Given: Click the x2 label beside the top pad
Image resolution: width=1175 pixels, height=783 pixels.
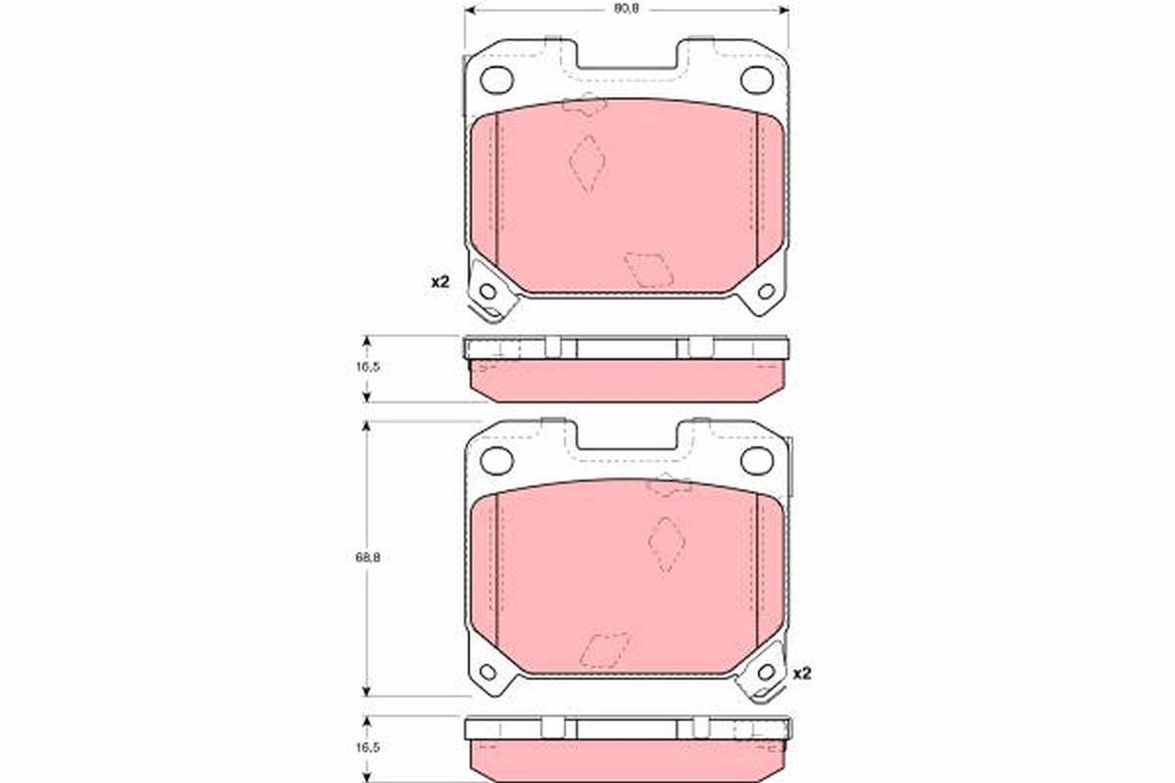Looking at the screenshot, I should (x=440, y=282).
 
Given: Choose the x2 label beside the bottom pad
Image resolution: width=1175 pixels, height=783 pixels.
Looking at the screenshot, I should (x=803, y=673).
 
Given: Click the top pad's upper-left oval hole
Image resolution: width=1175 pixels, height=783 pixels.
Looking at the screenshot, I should (x=497, y=79).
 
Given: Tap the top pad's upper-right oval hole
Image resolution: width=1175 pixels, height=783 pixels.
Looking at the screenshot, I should (x=756, y=79).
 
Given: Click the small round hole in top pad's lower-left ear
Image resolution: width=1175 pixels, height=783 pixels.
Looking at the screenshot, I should (x=487, y=291).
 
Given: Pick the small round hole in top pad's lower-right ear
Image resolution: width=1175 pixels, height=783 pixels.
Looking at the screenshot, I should (x=766, y=291).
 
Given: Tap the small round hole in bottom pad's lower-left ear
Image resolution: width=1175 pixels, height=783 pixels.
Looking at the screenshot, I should (x=487, y=671).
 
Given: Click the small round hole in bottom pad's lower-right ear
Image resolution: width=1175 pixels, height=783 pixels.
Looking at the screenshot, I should (x=766, y=671).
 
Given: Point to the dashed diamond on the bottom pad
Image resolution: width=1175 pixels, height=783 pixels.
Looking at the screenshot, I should (x=667, y=544).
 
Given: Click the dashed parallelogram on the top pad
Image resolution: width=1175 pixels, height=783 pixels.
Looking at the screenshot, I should (x=648, y=268).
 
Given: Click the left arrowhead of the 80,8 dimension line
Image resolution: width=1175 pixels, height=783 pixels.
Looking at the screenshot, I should (x=468, y=10).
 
